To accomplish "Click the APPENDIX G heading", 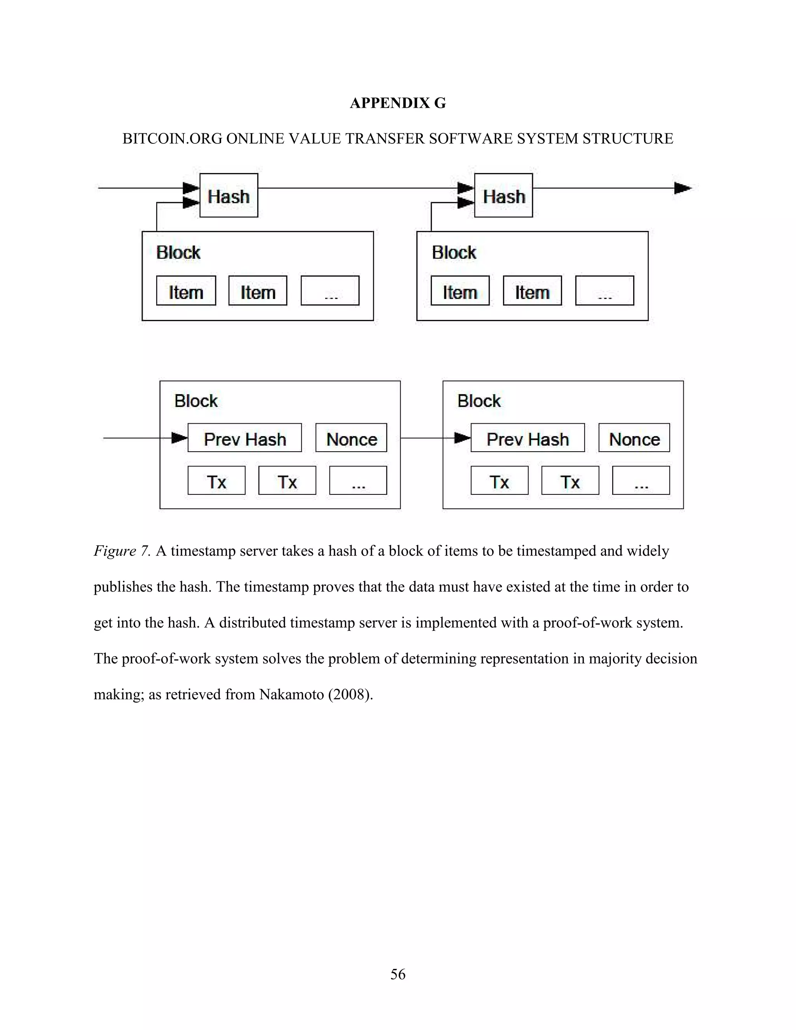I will coord(398,103).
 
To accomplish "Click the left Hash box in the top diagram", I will coord(229,195).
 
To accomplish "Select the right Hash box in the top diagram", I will coord(503,195).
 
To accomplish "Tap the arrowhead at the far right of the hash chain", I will coord(683,188).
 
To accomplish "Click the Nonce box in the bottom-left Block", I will coord(351,438).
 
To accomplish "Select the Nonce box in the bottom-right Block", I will coord(634,438).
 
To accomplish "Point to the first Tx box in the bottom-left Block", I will coord(216,480).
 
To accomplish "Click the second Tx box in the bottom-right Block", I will coord(570,480).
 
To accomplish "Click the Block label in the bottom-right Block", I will coord(478,401).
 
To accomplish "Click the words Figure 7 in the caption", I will coord(122,551).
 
